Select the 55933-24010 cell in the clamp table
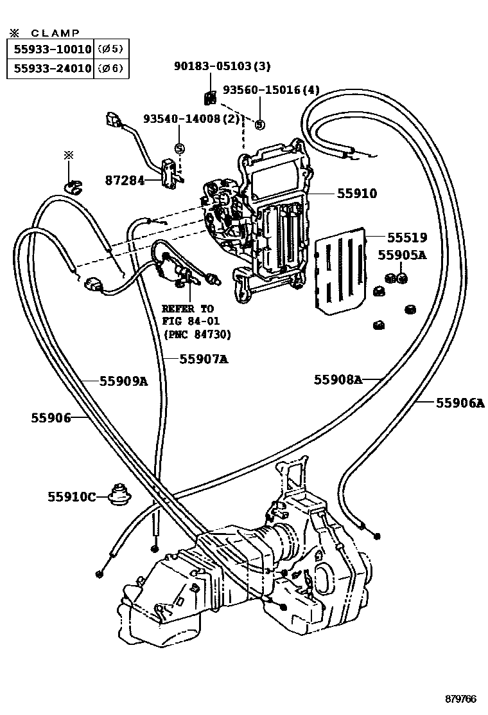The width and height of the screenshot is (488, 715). [x=51, y=68]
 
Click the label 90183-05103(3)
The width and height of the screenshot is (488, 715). [x=222, y=66]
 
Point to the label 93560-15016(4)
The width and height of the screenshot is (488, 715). [x=271, y=90]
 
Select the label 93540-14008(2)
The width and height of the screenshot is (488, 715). [x=191, y=119]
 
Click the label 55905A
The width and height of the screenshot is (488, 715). [x=402, y=255]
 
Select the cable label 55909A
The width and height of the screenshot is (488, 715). [x=123, y=381]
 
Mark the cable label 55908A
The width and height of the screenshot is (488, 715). [x=338, y=379]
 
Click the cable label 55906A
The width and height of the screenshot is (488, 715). [x=460, y=403]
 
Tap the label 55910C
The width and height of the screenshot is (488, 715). [x=71, y=496]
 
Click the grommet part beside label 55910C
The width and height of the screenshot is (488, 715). [x=118, y=494]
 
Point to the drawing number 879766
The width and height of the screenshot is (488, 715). [x=464, y=698]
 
